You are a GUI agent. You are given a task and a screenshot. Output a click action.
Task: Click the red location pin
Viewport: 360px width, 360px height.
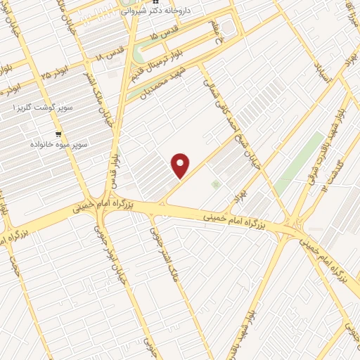[x=181, y=165]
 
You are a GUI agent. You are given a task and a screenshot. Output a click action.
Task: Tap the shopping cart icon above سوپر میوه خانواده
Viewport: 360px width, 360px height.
[x=58, y=134]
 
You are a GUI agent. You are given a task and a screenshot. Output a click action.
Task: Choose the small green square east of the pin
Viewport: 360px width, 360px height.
[x=215, y=184]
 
